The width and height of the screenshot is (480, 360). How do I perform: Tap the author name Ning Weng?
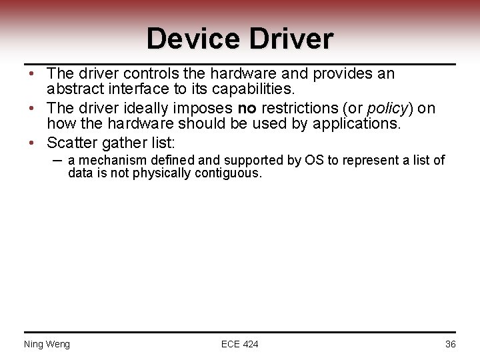(47, 344)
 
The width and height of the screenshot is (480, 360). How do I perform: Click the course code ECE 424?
(240, 344)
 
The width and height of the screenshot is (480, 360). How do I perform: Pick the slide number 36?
(450, 344)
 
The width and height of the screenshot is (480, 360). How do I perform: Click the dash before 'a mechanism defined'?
(57, 160)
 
